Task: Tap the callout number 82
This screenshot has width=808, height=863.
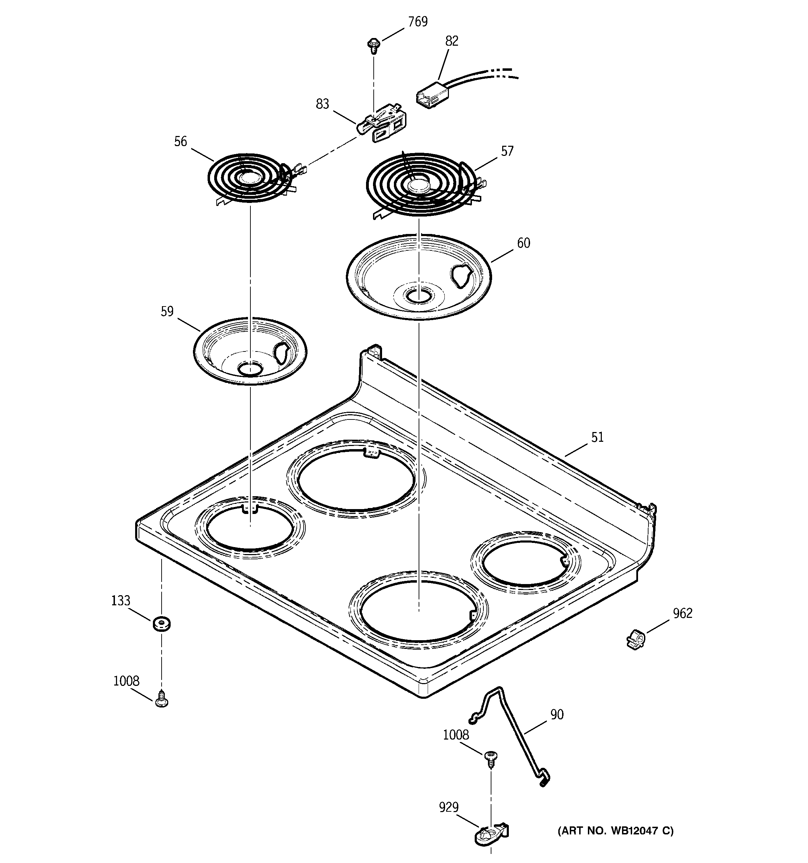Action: click(x=451, y=41)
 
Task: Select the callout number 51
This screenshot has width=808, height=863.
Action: click(x=597, y=437)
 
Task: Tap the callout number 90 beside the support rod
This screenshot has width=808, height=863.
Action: click(x=557, y=714)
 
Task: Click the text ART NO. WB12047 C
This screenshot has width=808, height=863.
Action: click(x=615, y=831)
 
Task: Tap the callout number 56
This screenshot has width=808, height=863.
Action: click(x=180, y=142)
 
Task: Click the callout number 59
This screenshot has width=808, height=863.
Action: click(x=167, y=311)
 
